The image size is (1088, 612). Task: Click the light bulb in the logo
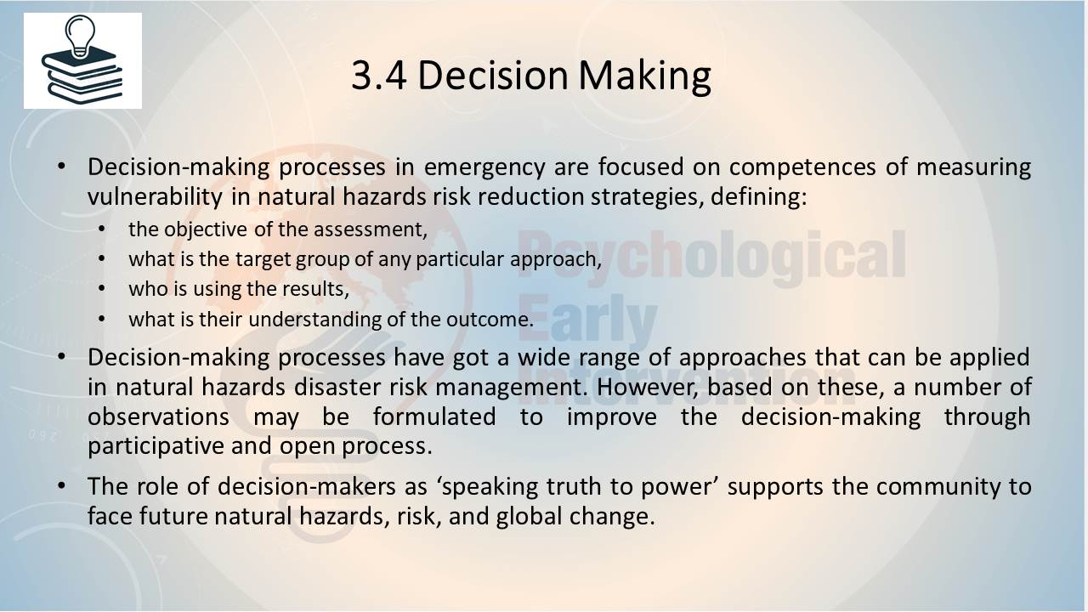pyautogui.click(x=80, y=36)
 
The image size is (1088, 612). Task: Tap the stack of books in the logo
pyautogui.click(x=82, y=76)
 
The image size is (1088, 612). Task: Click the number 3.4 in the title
pyautogui.click(x=379, y=76)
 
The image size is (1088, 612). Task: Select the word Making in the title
pyautogui.click(x=645, y=76)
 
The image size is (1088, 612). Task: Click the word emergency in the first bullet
pyautogui.click(x=484, y=167)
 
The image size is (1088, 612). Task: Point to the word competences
pyautogui.click(x=802, y=167)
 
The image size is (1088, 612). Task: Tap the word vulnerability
pyautogui.click(x=155, y=197)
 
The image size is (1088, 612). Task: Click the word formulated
pyautogui.click(x=434, y=416)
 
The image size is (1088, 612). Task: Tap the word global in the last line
pyautogui.click(x=529, y=516)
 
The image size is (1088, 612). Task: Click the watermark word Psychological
pyautogui.click(x=712, y=253)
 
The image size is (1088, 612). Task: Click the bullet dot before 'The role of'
pyautogui.click(x=60, y=486)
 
